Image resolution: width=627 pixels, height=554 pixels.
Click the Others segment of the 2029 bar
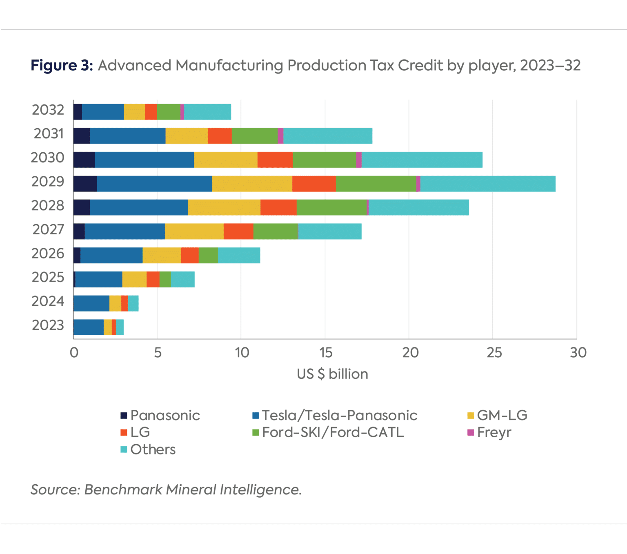[x=487, y=184]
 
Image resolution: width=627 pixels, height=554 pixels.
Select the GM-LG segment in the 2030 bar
[x=225, y=160]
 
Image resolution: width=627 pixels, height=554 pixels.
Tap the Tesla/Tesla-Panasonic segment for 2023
[x=88, y=327]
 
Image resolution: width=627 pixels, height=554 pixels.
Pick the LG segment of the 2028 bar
[x=278, y=207]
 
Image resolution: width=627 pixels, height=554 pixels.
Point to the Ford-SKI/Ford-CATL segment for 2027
[x=276, y=231]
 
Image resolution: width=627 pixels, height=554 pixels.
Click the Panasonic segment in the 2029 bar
[x=85, y=184]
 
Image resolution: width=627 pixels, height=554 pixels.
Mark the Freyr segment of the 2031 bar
[x=280, y=136]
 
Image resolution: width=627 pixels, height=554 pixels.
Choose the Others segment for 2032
[x=207, y=112]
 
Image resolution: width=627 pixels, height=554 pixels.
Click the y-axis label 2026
[x=48, y=254]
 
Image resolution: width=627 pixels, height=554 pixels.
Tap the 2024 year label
[x=48, y=301]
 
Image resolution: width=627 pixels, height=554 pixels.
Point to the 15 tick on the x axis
[x=325, y=352]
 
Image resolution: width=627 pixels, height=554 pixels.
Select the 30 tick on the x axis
[x=578, y=352]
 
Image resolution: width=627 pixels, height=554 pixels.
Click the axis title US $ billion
[x=332, y=374]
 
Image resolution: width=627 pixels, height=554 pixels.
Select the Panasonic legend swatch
[x=124, y=416]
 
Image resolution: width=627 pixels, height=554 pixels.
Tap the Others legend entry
[x=152, y=449]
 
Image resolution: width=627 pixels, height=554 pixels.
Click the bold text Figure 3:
[x=62, y=65]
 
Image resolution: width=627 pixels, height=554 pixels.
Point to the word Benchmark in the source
[x=123, y=489]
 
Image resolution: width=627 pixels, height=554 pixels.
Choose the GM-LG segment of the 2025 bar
[x=134, y=279]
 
